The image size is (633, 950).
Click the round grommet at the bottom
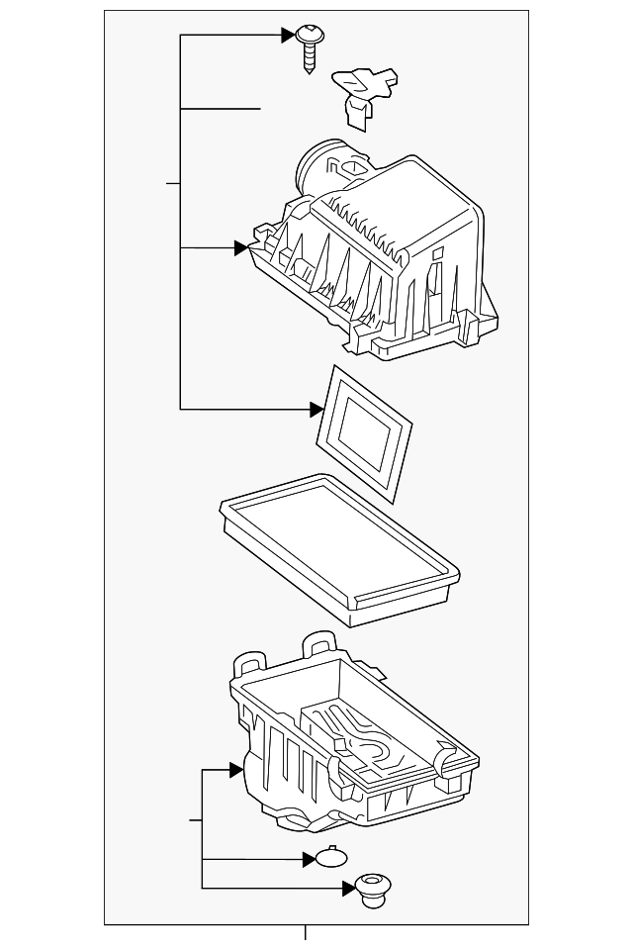pos(372,887)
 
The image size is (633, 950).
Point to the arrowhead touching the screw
pos(289,36)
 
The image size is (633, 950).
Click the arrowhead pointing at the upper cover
pos(240,247)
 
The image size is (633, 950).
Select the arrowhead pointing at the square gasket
pos(316,408)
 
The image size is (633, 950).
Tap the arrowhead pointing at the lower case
pos(236,769)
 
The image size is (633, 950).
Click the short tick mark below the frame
pos(306,932)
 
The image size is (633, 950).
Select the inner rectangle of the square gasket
pos(363,428)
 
